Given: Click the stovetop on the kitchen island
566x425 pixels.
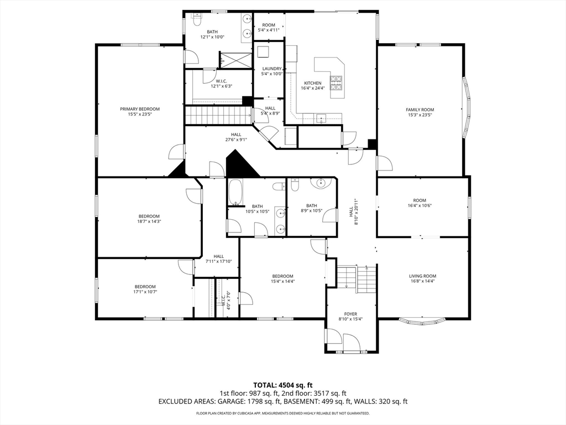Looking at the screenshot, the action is (x=336, y=83).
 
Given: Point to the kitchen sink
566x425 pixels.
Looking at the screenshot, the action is (x=321, y=118).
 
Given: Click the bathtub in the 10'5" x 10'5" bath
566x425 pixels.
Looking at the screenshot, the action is (x=235, y=192).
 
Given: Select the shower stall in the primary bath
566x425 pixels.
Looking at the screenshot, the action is (x=235, y=60).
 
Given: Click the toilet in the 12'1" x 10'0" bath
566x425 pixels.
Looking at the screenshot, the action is (x=197, y=20).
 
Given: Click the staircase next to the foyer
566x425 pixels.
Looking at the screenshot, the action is (x=357, y=278).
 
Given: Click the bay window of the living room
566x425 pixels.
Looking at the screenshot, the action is (x=423, y=320).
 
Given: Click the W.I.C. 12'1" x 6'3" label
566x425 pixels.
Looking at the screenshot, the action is (x=221, y=84).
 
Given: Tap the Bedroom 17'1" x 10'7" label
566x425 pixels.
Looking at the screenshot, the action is (x=145, y=289).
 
